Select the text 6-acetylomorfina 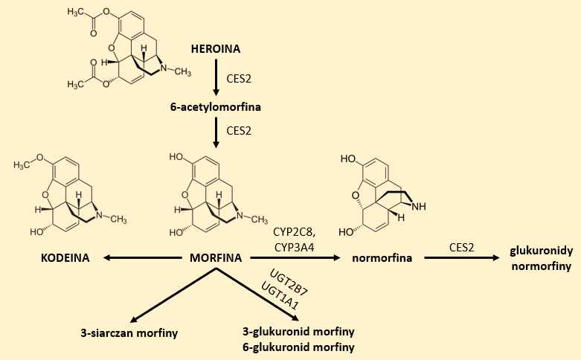tap(216, 108)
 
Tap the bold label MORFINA tap(216, 258)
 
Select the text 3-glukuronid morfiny tap(298, 332)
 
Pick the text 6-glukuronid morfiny tap(298, 347)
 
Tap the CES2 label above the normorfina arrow tap(463, 246)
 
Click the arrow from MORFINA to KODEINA tap(141, 258)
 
